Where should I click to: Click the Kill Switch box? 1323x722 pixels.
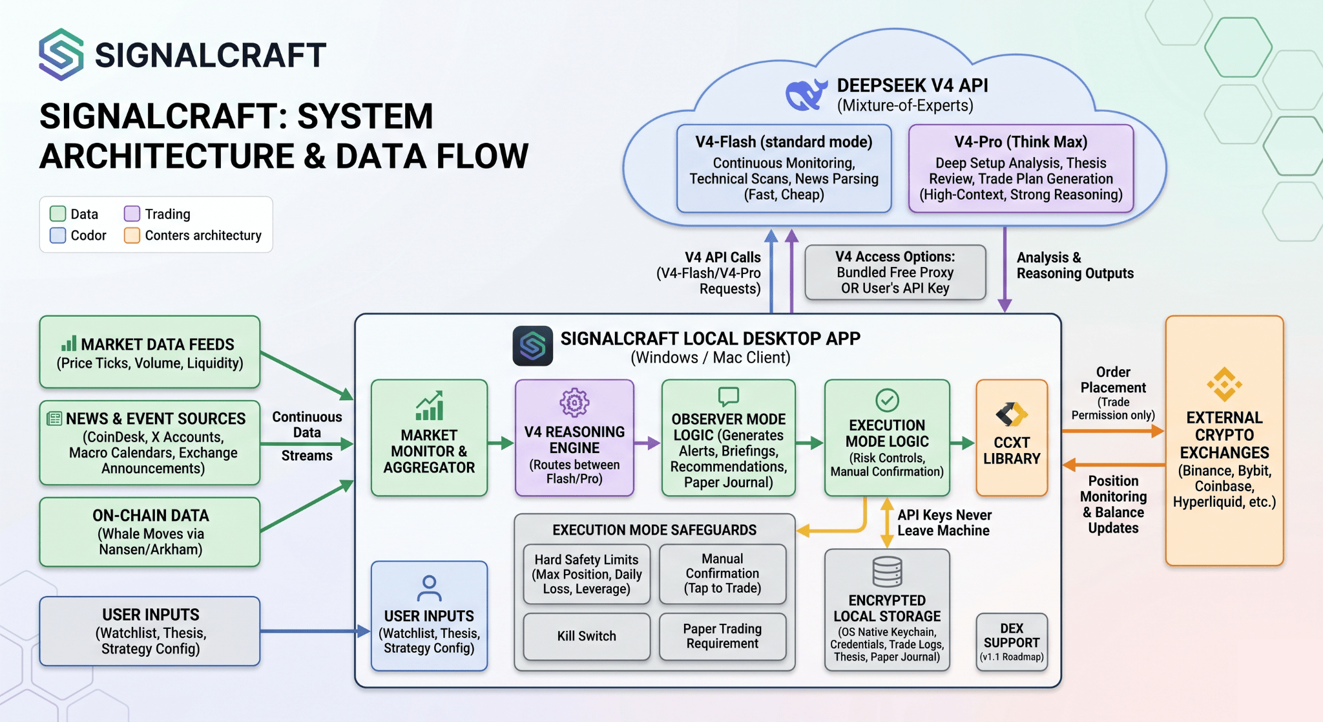pyautogui.click(x=587, y=637)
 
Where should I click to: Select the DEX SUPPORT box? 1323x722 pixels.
pyautogui.click(x=1012, y=642)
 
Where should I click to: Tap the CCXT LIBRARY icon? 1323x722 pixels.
pyautogui.click(x=1011, y=414)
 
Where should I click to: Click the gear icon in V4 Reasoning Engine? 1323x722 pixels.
pyautogui.click(x=574, y=403)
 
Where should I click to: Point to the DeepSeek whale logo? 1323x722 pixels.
pyautogui.click(x=806, y=94)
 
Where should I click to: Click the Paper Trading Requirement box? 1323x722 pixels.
pyautogui.click(x=722, y=637)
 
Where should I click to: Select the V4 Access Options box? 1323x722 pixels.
pyautogui.click(x=895, y=272)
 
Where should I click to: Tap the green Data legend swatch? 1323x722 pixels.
pyautogui.click(x=58, y=214)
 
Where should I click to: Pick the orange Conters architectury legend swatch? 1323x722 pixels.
pyautogui.click(x=132, y=235)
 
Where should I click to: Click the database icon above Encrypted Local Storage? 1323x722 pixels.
pyautogui.click(x=887, y=571)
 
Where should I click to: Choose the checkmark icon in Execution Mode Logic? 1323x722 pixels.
pyautogui.click(x=887, y=400)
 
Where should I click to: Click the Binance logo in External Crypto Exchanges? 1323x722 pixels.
pyautogui.click(x=1224, y=385)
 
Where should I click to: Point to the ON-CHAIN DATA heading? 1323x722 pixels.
pyautogui.click(x=151, y=515)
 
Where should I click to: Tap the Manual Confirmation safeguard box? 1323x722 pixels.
pyautogui.click(x=722, y=573)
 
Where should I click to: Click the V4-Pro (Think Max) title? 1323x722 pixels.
pyautogui.click(x=1021, y=142)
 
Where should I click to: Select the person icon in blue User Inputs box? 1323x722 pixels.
pyautogui.click(x=429, y=588)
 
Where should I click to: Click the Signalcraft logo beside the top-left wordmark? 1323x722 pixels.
pyautogui.click(x=61, y=54)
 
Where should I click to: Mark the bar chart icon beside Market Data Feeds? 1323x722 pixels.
pyautogui.click(x=68, y=343)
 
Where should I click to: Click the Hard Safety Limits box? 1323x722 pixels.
pyautogui.click(x=587, y=574)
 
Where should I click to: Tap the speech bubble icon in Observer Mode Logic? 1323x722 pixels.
pyautogui.click(x=728, y=396)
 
